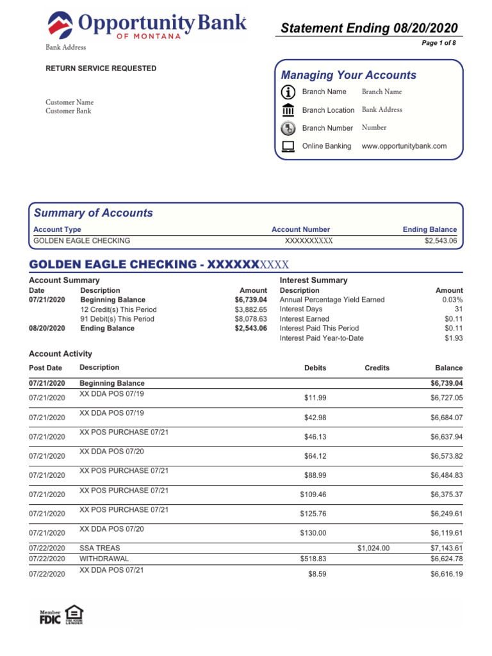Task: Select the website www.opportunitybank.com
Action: coord(404,146)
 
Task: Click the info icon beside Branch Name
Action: coord(288,92)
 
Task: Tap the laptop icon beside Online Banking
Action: coord(288,146)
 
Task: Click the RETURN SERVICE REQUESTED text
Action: coord(101,69)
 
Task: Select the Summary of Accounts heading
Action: coord(93,213)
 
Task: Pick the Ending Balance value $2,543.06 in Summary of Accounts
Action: coord(441,241)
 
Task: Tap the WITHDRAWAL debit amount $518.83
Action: coord(313,559)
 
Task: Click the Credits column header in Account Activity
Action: coord(377,368)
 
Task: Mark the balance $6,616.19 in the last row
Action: coord(446,575)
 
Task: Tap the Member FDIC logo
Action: coord(51,618)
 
